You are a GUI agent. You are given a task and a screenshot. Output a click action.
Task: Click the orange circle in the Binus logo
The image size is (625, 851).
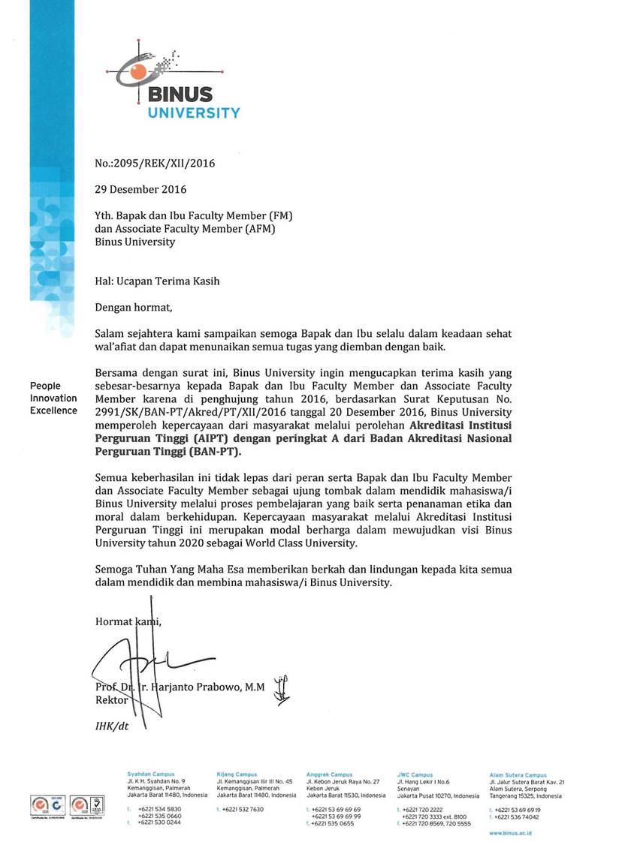coord(138,71)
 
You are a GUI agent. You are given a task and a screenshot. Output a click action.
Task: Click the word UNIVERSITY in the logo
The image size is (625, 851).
coord(194,113)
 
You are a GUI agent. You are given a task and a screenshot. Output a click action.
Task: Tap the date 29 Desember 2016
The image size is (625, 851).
coord(140,189)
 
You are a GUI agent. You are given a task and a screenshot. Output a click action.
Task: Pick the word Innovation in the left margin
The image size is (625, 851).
coord(53,398)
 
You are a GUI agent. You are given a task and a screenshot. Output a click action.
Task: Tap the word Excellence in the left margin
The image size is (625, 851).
coord(53,410)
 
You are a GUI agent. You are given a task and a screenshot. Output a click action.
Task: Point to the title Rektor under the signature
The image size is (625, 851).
coord(110,699)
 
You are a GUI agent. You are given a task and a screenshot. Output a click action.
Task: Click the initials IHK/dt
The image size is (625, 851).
coord(110,726)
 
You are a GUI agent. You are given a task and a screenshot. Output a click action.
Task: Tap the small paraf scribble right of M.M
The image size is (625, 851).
coord(281,690)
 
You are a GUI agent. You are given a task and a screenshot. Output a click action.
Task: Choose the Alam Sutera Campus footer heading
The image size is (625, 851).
coord(518,774)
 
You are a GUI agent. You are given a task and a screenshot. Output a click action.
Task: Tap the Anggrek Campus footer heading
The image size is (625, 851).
coord(329,774)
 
